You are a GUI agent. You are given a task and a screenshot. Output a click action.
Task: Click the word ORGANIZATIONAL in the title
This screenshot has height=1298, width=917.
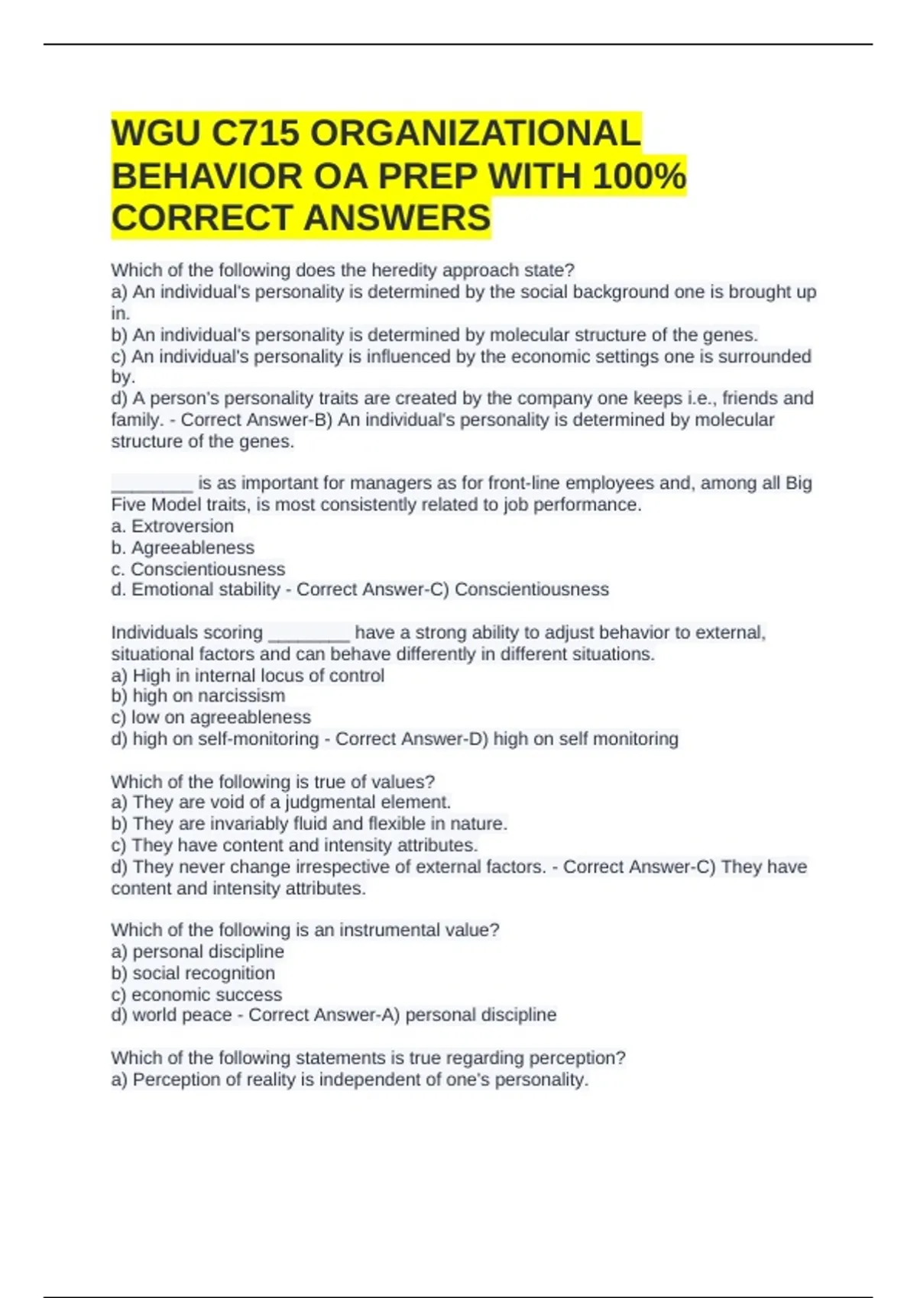475,134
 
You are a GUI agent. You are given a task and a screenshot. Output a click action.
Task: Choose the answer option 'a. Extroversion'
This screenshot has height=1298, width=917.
173,526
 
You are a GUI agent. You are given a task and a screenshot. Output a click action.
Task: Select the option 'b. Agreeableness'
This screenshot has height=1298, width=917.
183,547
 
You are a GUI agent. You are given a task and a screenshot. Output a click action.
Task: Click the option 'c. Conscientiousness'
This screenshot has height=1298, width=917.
198,569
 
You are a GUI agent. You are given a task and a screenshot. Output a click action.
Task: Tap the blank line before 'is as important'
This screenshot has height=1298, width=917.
152,484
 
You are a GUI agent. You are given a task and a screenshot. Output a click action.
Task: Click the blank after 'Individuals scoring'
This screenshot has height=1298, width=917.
309,634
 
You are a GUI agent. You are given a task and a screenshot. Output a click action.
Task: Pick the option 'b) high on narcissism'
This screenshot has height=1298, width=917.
198,696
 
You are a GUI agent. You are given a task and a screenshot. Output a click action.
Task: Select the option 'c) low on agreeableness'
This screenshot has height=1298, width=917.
211,717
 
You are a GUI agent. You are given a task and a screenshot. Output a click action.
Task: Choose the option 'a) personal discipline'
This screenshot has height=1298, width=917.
197,951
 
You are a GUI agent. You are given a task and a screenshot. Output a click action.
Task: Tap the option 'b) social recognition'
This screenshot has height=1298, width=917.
193,973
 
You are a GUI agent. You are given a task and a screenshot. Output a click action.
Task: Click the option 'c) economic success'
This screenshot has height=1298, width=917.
196,994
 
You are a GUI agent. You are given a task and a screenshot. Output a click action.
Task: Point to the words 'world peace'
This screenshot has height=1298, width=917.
194,1015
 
